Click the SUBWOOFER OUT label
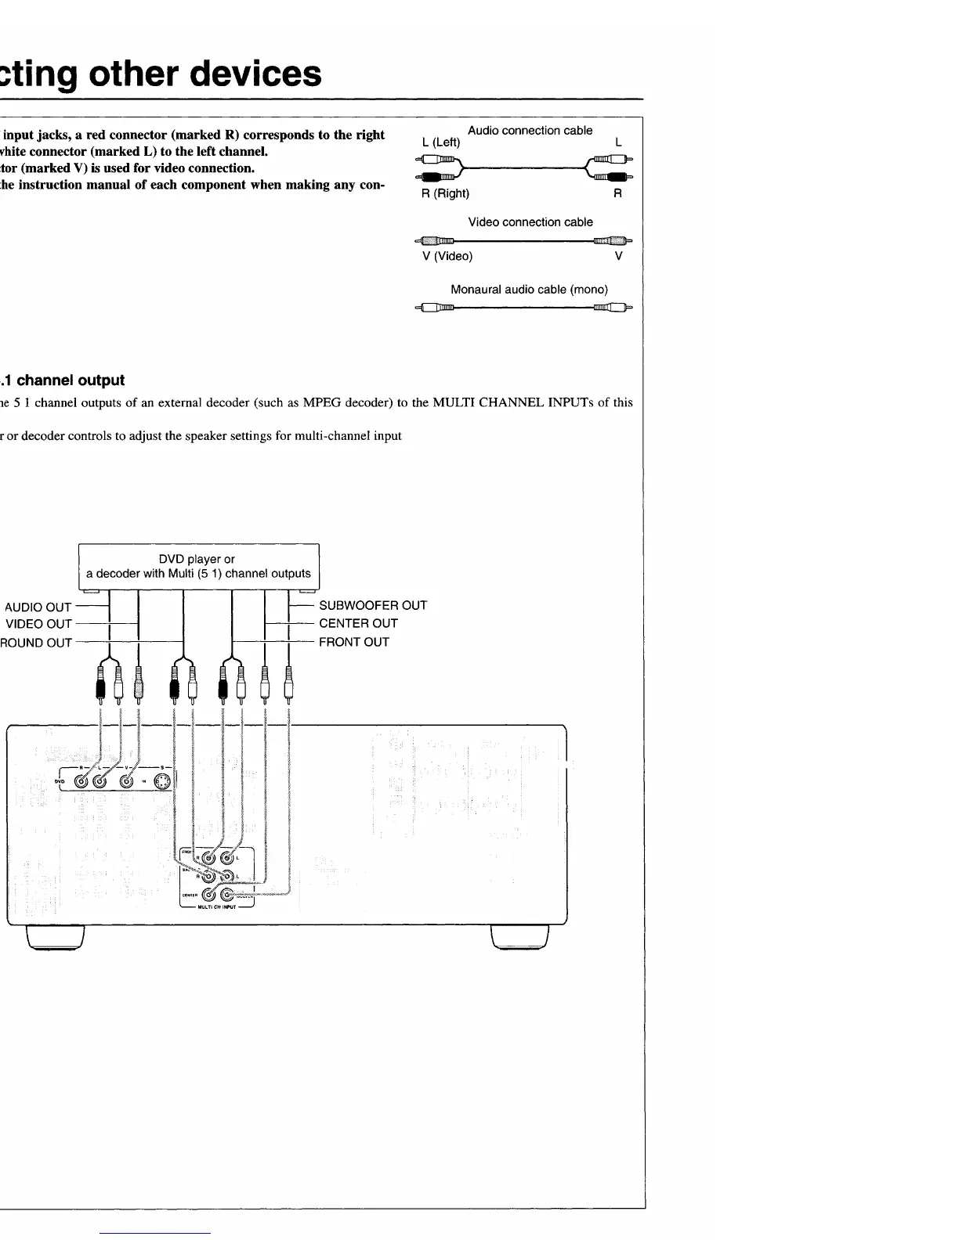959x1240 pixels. click(372, 605)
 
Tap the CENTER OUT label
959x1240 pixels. click(358, 623)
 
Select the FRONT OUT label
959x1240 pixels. click(353, 642)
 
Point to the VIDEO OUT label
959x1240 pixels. click(38, 624)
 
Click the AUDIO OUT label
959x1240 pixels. click(38, 607)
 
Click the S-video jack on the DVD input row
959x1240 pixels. click(162, 781)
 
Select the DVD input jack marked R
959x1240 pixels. click(81, 781)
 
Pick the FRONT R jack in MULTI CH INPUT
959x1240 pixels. click(208, 859)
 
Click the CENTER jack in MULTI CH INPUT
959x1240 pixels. click(208, 894)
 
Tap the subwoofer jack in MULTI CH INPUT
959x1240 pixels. click(226, 894)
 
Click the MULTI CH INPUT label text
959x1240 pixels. click(217, 908)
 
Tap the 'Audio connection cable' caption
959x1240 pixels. click(530, 131)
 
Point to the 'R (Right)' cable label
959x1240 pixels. click(445, 193)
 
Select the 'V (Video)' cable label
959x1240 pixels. click(447, 256)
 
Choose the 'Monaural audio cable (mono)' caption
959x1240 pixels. click(529, 290)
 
